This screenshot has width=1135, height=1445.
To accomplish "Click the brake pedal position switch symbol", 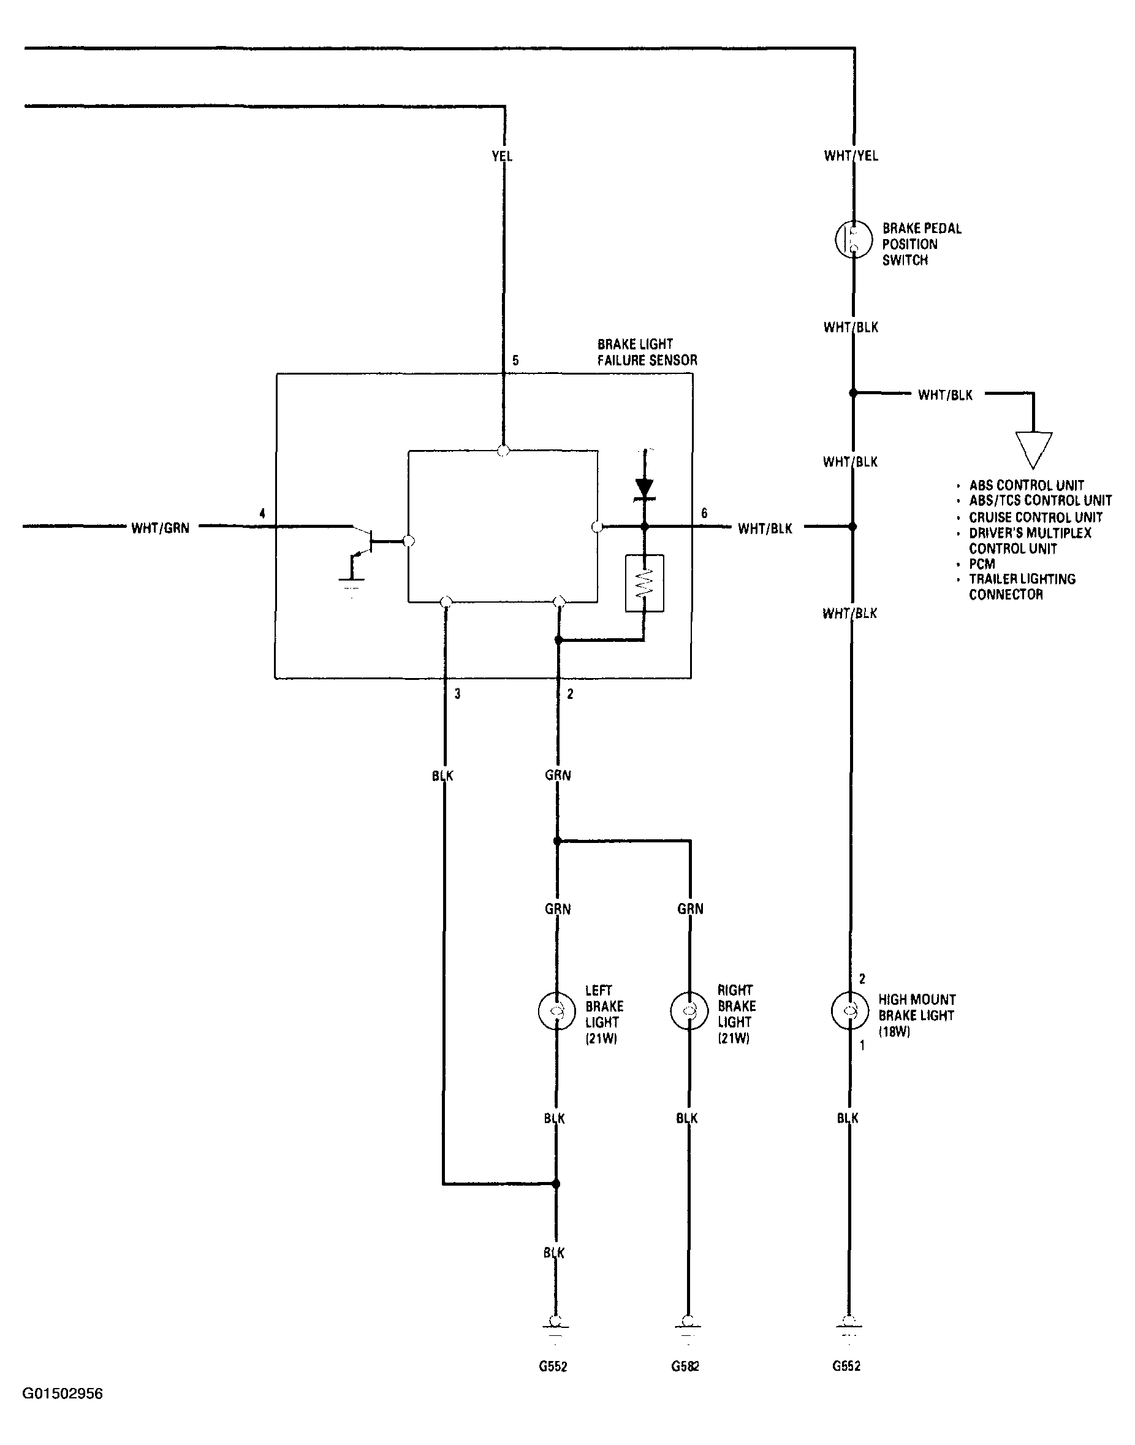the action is coord(853,239).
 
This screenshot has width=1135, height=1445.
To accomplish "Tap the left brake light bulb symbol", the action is coord(557,1011).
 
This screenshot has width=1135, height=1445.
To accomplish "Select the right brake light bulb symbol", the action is coord(689,1011).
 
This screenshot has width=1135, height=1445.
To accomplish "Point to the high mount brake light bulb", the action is coord(850,1010).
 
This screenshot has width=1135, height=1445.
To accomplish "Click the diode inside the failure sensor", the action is coord(644,487).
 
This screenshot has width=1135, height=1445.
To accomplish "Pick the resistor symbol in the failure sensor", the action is coord(644,583).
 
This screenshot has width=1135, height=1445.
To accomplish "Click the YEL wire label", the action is coord(502,156).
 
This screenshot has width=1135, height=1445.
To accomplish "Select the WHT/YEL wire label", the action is coord(851,156).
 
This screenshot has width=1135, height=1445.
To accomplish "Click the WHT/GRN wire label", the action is coord(160,528).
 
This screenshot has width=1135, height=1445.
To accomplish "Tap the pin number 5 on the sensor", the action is coord(515,361).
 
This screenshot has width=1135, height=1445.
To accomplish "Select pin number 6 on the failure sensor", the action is coord(704,513).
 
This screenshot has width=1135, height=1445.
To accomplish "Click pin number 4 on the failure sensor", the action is coord(262,513).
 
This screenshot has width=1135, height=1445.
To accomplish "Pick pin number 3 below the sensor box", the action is coord(457,694).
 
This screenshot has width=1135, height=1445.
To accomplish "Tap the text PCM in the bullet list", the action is coord(982,563).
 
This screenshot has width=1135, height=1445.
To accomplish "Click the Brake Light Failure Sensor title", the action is coord(647,353).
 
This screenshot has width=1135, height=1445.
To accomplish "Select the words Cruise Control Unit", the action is coord(1035,517).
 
